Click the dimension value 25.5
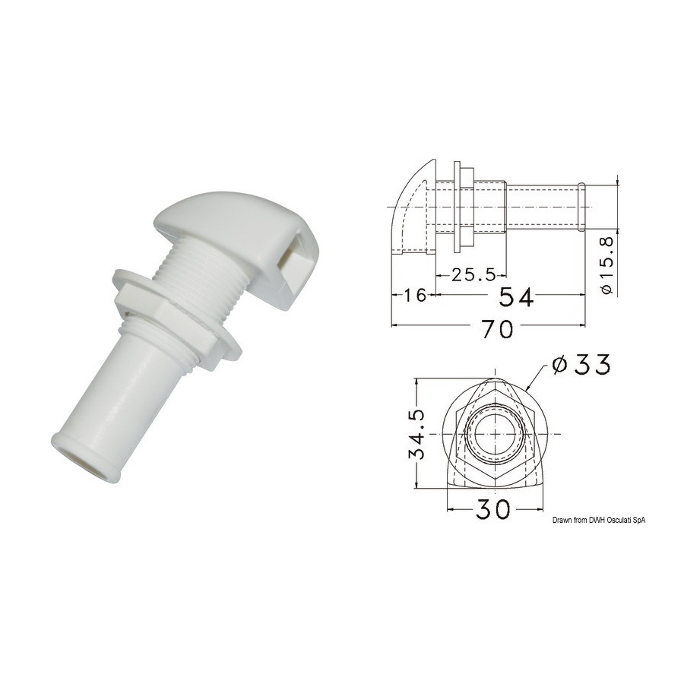click(473, 275)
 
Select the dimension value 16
click(415, 296)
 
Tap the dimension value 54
click(516, 297)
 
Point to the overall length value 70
click(498, 329)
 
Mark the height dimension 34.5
click(417, 434)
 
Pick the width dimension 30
click(493, 508)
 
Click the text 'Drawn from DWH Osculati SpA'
click(599, 520)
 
